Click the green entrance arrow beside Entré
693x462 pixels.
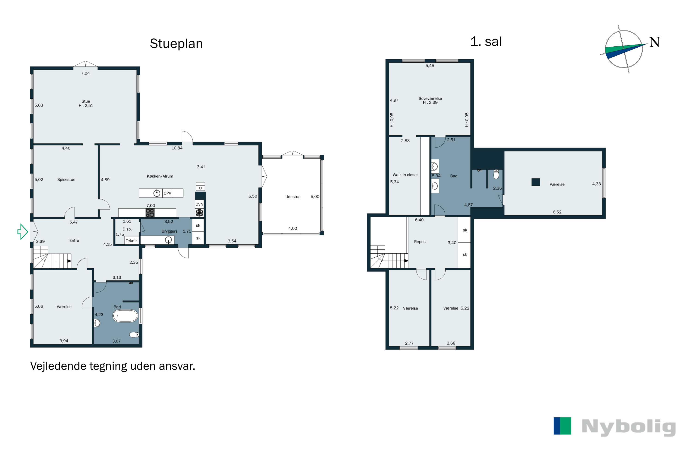[x=23, y=232]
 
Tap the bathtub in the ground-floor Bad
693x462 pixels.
[x=125, y=316]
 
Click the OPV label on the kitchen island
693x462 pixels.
[x=167, y=193]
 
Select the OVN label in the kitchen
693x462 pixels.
[x=200, y=204]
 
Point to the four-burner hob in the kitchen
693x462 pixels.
[x=150, y=213]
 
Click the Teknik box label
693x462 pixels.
[x=132, y=241]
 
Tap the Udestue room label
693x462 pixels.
[x=293, y=197]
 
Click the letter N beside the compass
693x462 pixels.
[x=654, y=42]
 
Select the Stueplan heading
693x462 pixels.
[x=176, y=44]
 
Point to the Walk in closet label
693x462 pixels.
[x=405, y=175]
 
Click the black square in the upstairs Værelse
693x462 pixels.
[x=536, y=182]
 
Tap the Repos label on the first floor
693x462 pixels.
[x=420, y=242]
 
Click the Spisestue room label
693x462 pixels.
[x=66, y=179]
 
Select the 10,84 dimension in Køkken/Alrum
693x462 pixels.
[x=177, y=148]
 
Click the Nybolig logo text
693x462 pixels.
[x=629, y=427]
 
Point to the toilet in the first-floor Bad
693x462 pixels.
[x=496, y=174]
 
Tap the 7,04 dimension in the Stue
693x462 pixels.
[x=85, y=73]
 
